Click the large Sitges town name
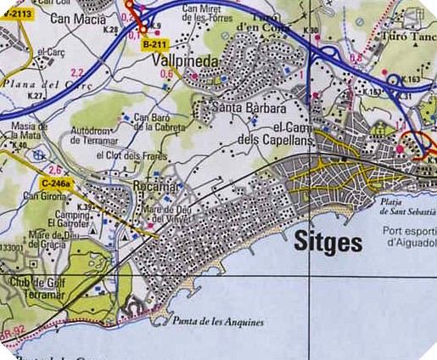[x=328, y=244]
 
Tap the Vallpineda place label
[x=185, y=62]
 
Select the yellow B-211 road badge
[x=154, y=42]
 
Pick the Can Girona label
[x=43, y=196]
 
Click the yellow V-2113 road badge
[x=17, y=14]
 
